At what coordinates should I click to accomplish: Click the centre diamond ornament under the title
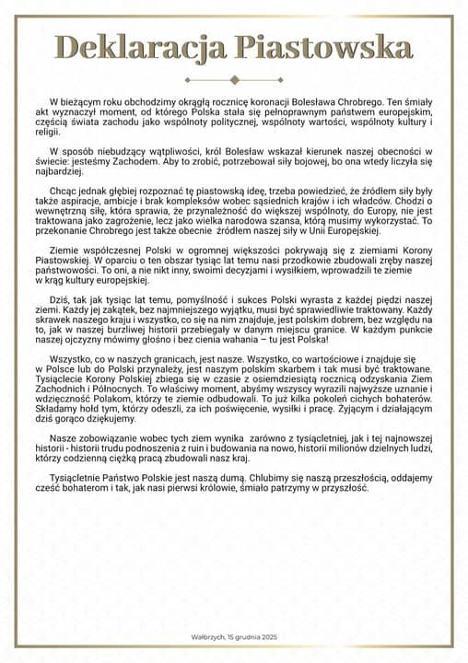coord(234,78)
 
